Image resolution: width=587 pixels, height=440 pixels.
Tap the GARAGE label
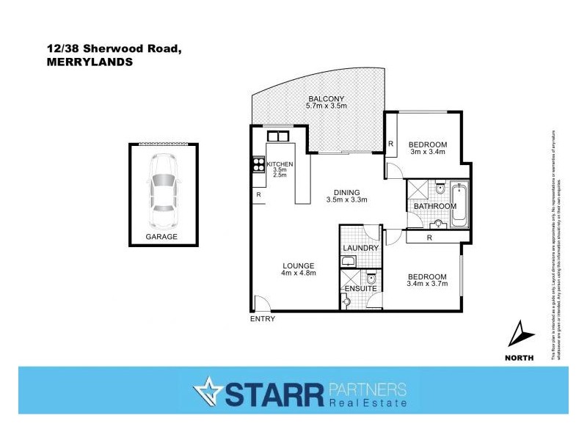[162, 237]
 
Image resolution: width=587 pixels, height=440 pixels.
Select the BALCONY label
[326, 98]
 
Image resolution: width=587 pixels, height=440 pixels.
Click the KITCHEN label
[280, 164]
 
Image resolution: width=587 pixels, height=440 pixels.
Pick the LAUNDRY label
[360, 248]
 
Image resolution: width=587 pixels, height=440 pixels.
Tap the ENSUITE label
[360, 289]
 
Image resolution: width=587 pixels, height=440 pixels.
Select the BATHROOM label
[435, 207]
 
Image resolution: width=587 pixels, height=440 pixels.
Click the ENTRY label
[263, 320]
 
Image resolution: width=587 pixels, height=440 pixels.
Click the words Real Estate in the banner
[368, 403]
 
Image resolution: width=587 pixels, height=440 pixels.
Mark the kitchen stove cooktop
[258, 165]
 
